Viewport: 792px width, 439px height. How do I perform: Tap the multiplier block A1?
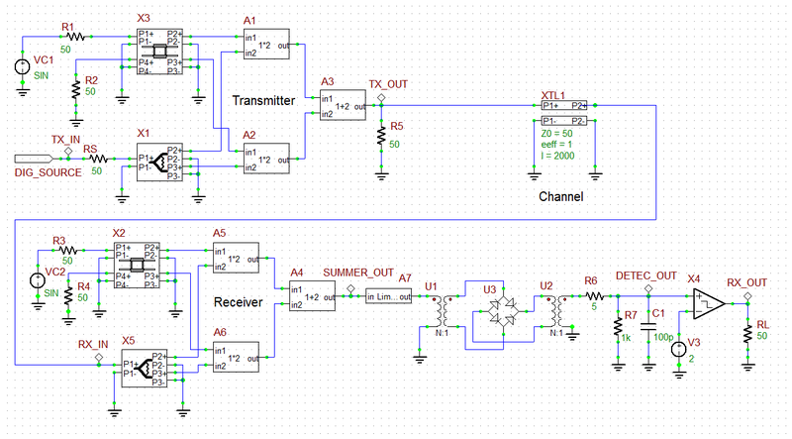pos(265,45)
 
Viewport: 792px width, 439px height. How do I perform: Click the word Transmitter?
pos(264,100)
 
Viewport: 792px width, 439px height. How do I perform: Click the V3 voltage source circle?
pos(680,349)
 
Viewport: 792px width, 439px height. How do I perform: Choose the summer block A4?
pos(312,296)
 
